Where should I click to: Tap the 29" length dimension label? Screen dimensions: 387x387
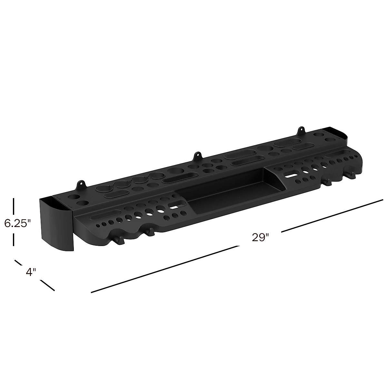(x=260, y=237)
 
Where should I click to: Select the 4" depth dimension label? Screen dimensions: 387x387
(x=30, y=272)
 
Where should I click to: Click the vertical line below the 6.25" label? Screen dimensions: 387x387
(x=14, y=240)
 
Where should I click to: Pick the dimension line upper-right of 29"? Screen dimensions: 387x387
(x=332, y=215)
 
